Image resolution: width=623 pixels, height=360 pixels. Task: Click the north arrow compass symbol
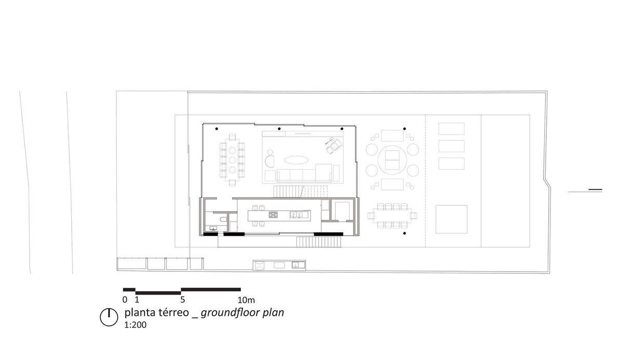tap(109, 317)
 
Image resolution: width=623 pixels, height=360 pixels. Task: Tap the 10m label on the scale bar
tap(246, 300)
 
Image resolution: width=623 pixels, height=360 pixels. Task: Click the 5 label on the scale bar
tap(182, 300)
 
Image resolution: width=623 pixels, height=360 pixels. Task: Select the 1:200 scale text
tap(135, 325)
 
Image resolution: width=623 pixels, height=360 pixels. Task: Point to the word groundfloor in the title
tap(231, 313)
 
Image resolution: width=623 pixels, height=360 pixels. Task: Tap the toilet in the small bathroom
tap(223, 220)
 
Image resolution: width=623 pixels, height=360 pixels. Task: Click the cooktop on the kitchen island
tap(273, 215)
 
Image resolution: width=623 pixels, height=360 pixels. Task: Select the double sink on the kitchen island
tap(296, 215)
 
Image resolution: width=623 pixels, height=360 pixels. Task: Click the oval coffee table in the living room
tap(296, 160)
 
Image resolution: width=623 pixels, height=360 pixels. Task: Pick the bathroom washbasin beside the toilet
tap(213, 229)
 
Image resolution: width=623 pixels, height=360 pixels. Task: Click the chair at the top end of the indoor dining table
tap(232, 137)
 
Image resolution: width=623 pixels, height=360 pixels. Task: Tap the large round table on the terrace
tap(392, 160)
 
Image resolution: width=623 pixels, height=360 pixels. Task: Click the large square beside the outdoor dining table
tap(451, 219)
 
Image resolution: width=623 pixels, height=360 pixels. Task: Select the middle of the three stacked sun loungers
tap(451, 146)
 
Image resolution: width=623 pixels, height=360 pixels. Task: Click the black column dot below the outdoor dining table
tap(404, 233)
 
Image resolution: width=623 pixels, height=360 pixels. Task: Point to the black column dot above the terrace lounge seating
tap(404, 129)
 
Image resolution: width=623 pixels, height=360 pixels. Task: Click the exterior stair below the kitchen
tap(319, 242)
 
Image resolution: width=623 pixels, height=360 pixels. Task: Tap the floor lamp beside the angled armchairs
tap(331, 139)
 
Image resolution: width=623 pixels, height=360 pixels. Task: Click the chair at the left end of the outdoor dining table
tap(371, 216)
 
